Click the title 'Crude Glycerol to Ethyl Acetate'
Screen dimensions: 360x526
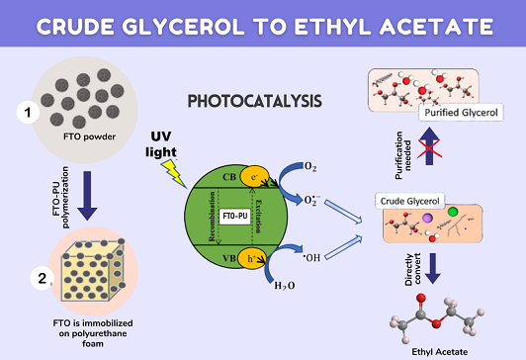point(263,24)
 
